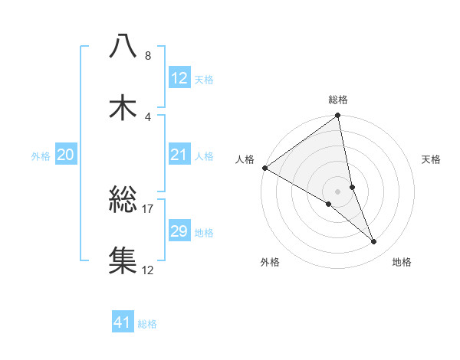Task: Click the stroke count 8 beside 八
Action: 147,56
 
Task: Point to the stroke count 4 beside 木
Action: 147,116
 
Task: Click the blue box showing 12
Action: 179,78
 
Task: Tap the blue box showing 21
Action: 179,155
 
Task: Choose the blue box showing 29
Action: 179,231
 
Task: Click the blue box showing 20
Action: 66,155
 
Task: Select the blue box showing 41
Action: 123,322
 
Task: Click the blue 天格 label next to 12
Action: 204,80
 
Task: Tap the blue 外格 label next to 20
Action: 41,156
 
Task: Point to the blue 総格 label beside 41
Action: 147,324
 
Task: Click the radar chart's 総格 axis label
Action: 338,100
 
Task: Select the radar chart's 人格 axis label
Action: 245,159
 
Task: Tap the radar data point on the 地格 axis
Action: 374,242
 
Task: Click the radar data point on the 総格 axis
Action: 338,116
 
